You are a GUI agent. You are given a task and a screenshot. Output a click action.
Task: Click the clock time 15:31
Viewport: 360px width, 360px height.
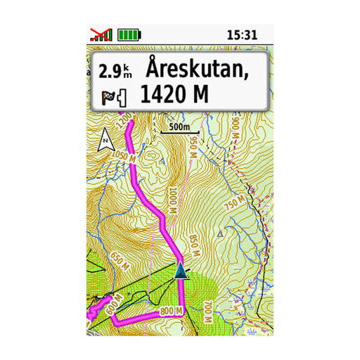(x=245, y=34)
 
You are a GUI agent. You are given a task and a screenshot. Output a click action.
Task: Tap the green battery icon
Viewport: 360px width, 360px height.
(x=129, y=34)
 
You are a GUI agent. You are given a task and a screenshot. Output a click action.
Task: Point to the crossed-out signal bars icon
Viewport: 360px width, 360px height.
(x=101, y=34)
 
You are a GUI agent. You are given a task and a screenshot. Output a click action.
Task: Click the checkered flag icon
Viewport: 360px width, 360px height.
(x=109, y=96)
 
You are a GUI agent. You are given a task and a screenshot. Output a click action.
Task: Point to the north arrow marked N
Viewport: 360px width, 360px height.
(x=107, y=141)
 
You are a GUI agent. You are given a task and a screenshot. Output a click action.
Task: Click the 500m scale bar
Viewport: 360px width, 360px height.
(x=175, y=128)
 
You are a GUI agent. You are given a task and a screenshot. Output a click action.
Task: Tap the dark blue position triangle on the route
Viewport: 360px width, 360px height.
(x=182, y=271)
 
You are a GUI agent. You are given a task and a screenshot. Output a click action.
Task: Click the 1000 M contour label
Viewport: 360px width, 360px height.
(x=171, y=200)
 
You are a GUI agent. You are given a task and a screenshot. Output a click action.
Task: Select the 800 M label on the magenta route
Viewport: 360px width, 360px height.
(x=171, y=310)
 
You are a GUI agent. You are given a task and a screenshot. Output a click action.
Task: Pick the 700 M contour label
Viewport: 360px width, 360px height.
(x=207, y=310)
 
